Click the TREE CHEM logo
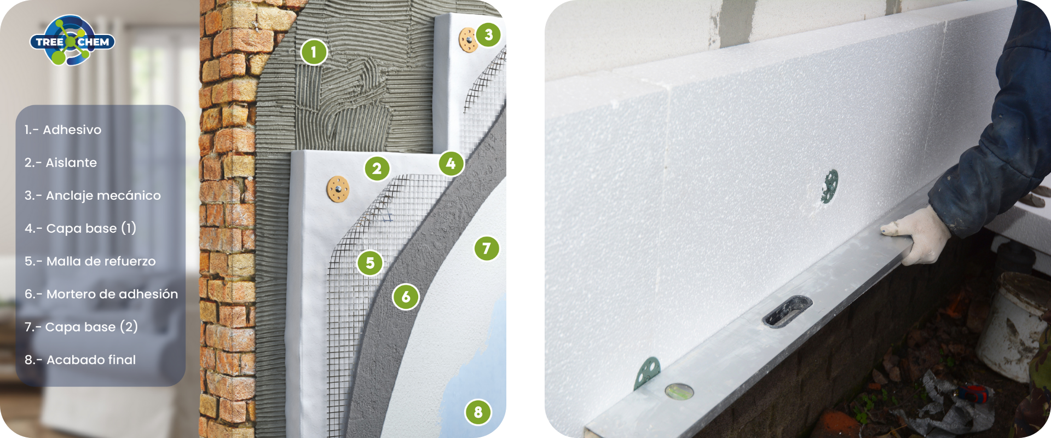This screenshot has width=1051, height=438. [x=72, y=41]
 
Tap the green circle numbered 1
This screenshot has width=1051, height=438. [x=314, y=52]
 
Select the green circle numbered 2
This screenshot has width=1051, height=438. [x=377, y=169]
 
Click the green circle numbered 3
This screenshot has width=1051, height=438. [x=489, y=35]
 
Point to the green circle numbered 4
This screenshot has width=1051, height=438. [x=451, y=163]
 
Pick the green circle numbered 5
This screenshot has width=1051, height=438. [x=370, y=263]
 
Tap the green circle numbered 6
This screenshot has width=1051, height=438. [x=406, y=297]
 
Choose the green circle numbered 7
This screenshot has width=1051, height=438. [x=487, y=248]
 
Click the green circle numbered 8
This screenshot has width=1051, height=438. [x=478, y=412]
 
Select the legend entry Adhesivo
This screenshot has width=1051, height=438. [x=63, y=130]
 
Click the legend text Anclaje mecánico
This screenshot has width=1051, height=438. [x=93, y=195]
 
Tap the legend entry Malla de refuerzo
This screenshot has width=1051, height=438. [x=90, y=261]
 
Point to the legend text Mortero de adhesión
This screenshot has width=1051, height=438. [x=101, y=294]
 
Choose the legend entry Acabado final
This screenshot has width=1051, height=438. [x=80, y=360]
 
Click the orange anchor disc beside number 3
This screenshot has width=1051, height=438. [x=468, y=40]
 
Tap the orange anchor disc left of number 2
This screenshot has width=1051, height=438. [x=338, y=189]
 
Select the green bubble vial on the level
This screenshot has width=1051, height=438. [x=679, y=391]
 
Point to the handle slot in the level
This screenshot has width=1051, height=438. [x=787, y=311]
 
